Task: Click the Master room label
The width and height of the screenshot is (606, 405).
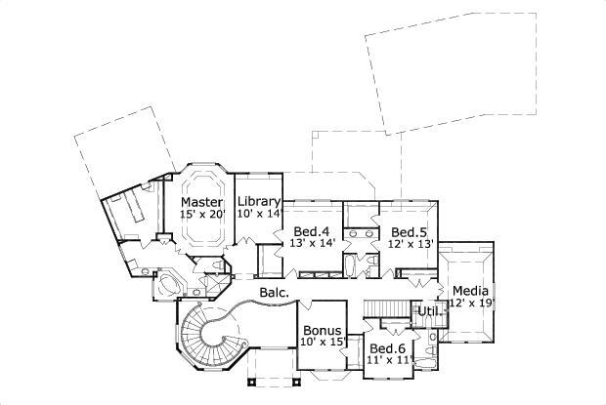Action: tap(202, 202)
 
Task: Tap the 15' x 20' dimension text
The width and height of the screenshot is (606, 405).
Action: tap(202, 214)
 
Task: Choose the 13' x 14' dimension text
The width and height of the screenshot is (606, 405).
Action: tap(313, 244)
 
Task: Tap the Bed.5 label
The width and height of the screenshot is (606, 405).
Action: tap(408, 232)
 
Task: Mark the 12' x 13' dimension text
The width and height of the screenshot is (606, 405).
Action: tap(408, 244)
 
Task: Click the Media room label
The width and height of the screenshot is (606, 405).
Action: tap(469, 291)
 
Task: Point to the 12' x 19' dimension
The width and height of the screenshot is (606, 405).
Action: tap(469, 303)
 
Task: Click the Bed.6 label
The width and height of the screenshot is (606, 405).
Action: tap(387, 349)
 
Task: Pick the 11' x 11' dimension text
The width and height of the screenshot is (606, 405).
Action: tap(387, 361)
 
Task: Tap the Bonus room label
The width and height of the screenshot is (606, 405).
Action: tap(321, 330)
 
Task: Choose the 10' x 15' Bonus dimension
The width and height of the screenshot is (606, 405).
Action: tap(321, 342)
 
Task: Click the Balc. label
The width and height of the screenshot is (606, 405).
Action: tap(273, 292)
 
